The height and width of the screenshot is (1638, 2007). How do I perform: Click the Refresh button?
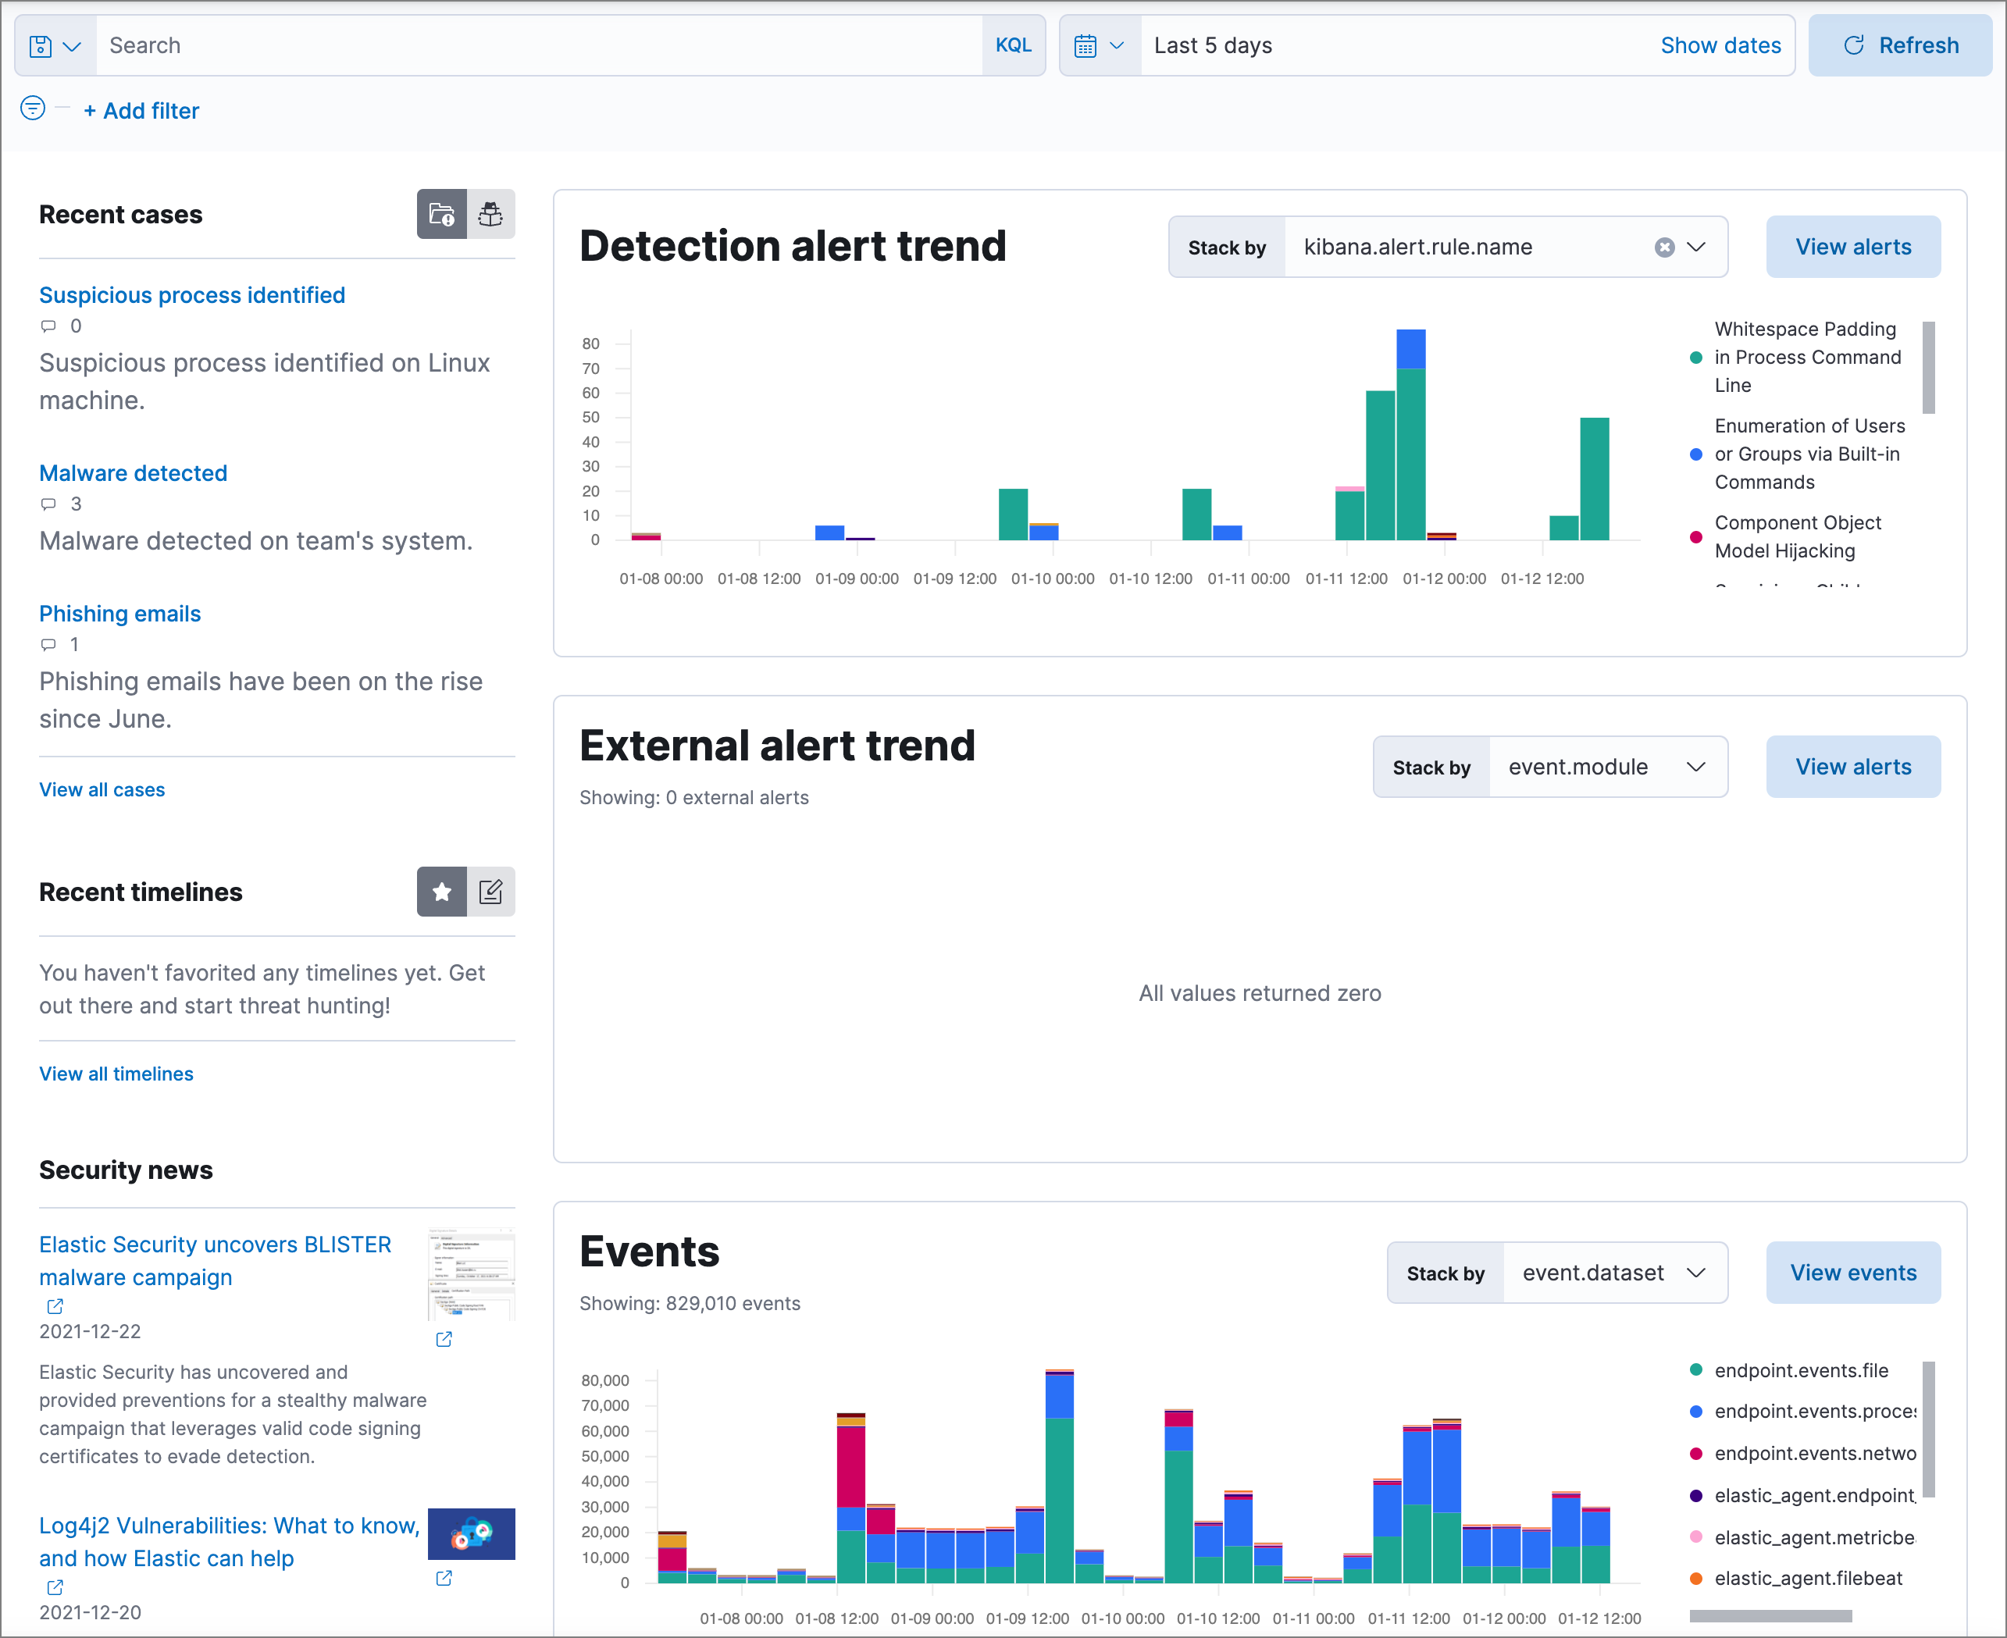point(1899,45)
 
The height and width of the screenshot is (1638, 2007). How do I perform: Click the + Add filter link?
point(141,112)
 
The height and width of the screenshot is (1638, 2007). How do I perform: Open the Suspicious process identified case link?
point(191,295)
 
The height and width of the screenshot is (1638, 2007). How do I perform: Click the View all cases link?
point(102,790)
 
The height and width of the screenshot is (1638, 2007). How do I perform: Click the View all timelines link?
point(116,1074)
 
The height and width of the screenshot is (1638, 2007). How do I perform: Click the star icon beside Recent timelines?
point(441,892)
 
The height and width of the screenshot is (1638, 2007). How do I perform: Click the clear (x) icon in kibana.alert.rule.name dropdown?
point(1663,247)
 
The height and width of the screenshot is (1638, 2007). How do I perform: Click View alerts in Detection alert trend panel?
point(1852,247)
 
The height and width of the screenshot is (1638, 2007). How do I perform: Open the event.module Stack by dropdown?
point(1607,767)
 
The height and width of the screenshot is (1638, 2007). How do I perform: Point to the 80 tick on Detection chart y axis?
point(590,344)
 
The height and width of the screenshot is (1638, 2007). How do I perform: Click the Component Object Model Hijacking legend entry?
point(1797,537)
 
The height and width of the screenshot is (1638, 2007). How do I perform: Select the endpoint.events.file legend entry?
point(1800,1370)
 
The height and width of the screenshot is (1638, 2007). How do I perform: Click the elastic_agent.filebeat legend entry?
point(1807,1578)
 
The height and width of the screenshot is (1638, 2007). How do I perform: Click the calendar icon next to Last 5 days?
point(1085,45)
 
